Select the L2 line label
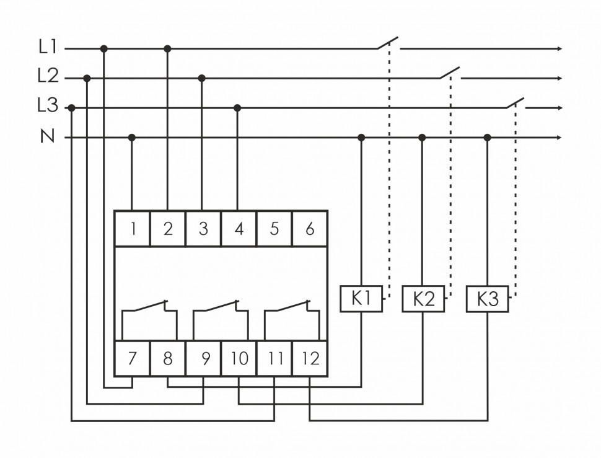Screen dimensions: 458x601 47,77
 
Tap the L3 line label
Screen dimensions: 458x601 47,107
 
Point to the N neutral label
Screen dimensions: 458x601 47,136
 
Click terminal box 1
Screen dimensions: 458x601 133,228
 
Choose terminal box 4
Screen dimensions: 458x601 239,228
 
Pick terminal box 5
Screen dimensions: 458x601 274,228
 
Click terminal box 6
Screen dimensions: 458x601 310,228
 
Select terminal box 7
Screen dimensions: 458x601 133,358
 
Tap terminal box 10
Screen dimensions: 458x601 239,358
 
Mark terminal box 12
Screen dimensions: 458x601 310,358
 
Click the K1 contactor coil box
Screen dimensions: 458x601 361,299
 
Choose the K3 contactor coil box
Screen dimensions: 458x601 488,299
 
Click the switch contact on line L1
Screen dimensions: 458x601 388,43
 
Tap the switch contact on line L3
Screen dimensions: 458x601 515,103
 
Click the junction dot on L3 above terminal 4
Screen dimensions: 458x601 237,108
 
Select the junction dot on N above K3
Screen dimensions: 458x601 488,137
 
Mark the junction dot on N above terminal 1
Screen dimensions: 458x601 131,137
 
